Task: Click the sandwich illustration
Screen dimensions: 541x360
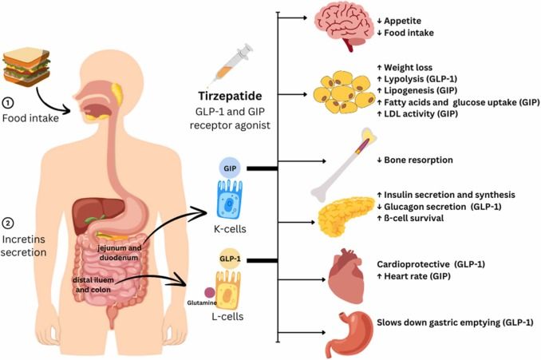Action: [x=26, y=67]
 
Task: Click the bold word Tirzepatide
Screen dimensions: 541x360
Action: [x=230, y=96]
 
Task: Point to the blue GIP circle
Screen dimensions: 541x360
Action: [x=230, y=168]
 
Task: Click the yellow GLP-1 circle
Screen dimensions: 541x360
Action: [x=230, y=259]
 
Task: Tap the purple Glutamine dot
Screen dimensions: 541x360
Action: [x=210, y=293]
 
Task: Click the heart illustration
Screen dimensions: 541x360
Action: [x=346, y=276]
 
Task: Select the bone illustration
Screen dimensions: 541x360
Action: [x=344, y=164]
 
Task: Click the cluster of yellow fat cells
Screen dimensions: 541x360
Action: [x=344, y=93]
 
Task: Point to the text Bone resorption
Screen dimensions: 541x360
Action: [x=418, y=160]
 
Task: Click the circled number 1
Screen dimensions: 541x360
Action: [x=8, y=102]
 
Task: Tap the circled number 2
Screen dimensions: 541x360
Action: [x=8, y=224]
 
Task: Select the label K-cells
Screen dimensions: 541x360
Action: [x=230, y=229]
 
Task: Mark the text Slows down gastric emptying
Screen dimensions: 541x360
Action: [x=438, y=322]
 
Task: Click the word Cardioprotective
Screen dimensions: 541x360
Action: [x=413, y=264]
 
